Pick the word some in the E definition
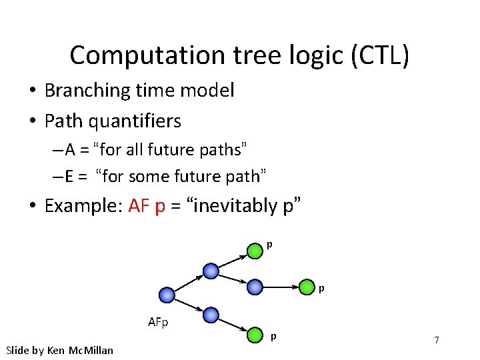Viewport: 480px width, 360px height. point(151,176)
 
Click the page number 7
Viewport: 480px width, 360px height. point(436,340)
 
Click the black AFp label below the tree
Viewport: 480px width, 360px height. point(158,323)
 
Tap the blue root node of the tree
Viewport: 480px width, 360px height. point(167,295)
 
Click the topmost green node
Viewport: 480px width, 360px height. point(255,251)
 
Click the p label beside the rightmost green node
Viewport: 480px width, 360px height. point(321,289)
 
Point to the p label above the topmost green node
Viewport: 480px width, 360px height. point(269,245)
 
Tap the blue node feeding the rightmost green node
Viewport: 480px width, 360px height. point(255,287)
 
